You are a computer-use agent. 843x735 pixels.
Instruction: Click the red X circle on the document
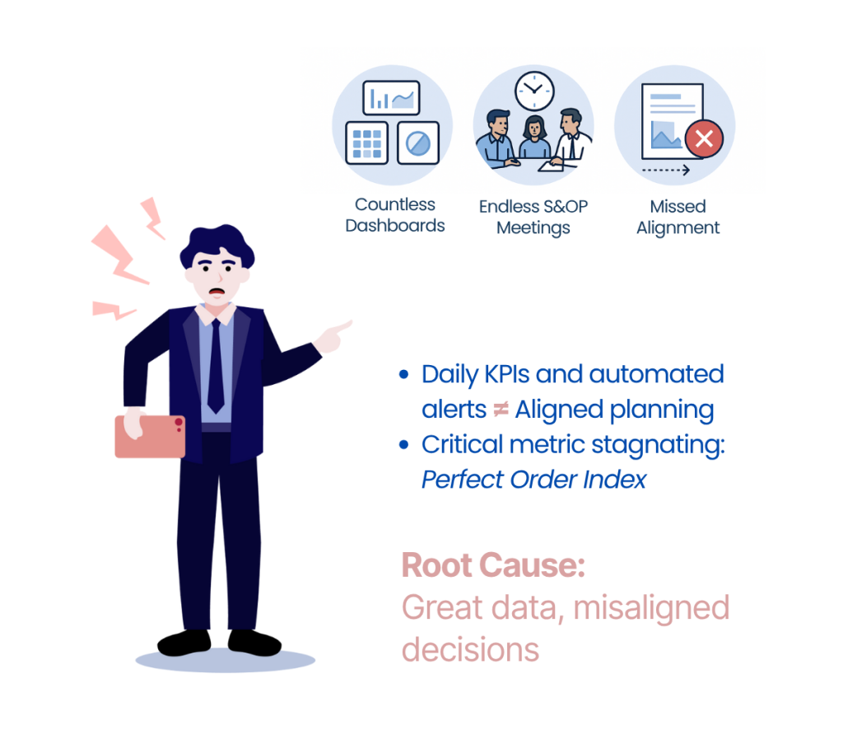click(x=704, y=139)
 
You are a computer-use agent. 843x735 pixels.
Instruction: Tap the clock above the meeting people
click(x=534, y=90)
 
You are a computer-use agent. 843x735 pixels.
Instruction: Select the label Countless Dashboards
click(x=395, y=215)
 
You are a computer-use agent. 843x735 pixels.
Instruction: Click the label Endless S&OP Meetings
click(x=533, y=217)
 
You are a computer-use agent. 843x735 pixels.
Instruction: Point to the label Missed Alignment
click(x=678, y=217)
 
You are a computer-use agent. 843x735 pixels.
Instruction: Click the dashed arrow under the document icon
click(x=666, y=171)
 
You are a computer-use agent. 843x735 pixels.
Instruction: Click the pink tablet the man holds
click(x=150, y=436)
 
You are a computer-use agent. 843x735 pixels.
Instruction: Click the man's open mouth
click(x=216, y=291)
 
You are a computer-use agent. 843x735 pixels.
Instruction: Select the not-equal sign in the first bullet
click(x=501, y=410)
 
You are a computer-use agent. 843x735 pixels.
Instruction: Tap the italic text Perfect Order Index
click(x=533, y=479)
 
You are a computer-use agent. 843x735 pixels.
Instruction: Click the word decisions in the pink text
click(x=470, y=649)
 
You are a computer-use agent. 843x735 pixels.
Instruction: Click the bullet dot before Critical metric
click(x=403, y=445)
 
